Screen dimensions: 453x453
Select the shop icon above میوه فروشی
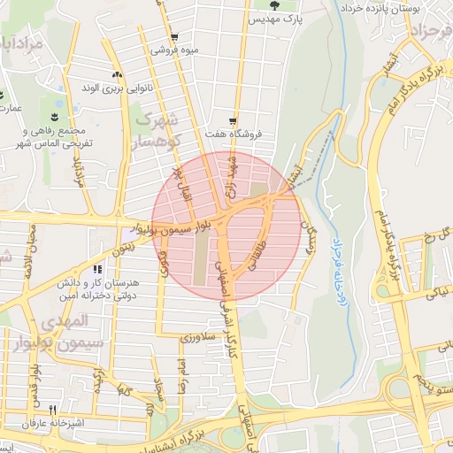click(x=174, y=37)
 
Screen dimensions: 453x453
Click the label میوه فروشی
click(x=173, y=50)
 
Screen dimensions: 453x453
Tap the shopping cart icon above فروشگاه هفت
click(x=233, y=121)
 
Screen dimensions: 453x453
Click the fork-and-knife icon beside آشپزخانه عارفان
click(x=52, y=410)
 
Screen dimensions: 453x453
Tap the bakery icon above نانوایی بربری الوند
click(x=116, y=75)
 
